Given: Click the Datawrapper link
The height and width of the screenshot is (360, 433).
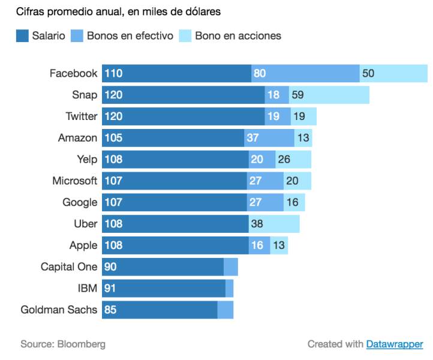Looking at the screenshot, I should tap(395, 344).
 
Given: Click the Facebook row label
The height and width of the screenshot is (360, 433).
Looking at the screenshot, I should tap(73, 73).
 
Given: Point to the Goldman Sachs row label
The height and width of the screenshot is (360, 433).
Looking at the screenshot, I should tap(59, 310).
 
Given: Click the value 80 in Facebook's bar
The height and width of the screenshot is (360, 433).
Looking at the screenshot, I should tap(260, 73).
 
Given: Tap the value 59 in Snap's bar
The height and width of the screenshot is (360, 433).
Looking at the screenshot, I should tap(297, 95).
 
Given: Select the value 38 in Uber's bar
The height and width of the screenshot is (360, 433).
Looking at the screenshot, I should tap(256, 224).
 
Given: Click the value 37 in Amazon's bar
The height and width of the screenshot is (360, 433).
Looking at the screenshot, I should tap(252, 138).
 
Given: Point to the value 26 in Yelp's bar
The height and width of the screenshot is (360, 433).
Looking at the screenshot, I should tap(284, 160).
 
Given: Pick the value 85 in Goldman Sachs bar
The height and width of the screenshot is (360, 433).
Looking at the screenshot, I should tap(110, 310).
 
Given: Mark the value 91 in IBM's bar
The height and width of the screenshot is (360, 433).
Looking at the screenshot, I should tap(110, 289).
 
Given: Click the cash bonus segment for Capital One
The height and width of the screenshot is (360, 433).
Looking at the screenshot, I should tap(231, 267).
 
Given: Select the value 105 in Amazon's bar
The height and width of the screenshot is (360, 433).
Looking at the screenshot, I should tap(113, 138).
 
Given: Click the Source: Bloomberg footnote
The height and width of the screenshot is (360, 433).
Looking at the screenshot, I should tap(63, 344).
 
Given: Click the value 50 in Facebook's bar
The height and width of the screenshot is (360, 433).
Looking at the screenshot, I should tap(368, 73).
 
